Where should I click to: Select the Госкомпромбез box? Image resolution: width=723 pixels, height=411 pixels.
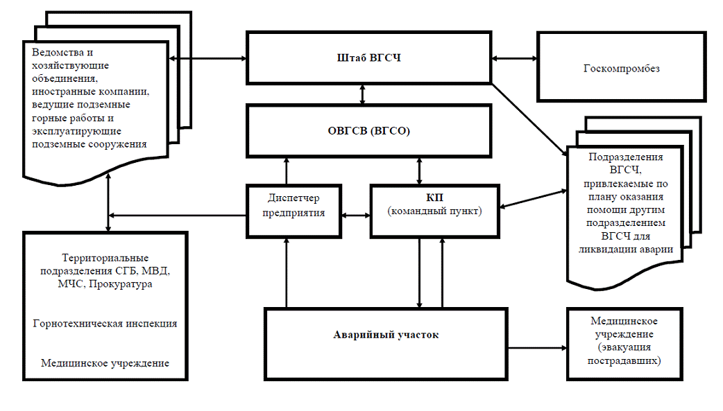click(621, 69)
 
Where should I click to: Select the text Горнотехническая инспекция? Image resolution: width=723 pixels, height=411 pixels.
click(105, 324)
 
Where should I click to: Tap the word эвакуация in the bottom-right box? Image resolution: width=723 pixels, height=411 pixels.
click(624, 348)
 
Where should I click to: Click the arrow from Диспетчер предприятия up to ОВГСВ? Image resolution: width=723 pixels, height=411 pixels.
click(286, 170)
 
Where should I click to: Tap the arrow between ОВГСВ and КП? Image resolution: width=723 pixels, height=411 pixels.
click(419, 170)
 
